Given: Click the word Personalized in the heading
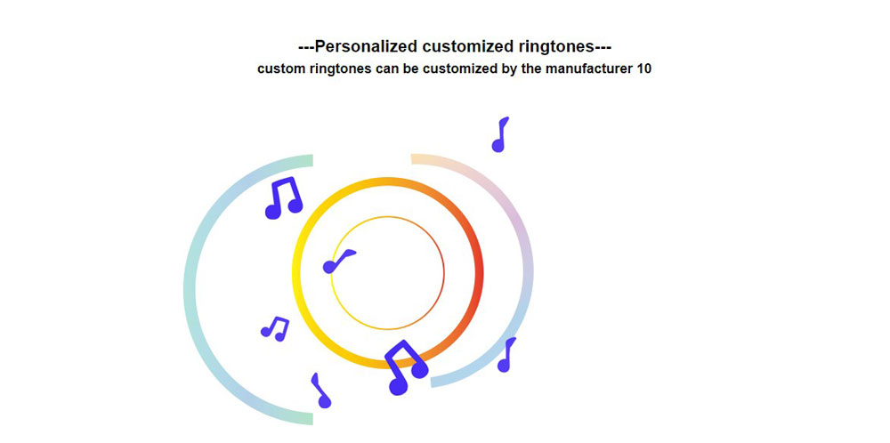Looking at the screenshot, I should pyautogui.click(x=366, y=46).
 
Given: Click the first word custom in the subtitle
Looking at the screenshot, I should pyautogui.click(x=279, y=68).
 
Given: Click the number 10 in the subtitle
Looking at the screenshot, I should pyautogui.click(x=644, y=68).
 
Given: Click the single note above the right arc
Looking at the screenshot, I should pyautogui.click(x=500, y=134).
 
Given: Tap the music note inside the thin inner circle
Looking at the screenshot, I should pyautogui.click(x=338, y=261).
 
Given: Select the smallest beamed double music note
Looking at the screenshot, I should pyautogui.click(x=275, y=329).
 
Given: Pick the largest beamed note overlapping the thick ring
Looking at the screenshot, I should pyautogui.click(x=404, y=367).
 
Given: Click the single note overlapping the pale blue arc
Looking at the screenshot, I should pyautogui.click(x=506, y=355).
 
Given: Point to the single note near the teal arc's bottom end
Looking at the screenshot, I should pyautogui.click(x=320, y=391).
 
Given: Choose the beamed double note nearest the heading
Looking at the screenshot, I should pyautogui.click(x=284, y=198).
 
